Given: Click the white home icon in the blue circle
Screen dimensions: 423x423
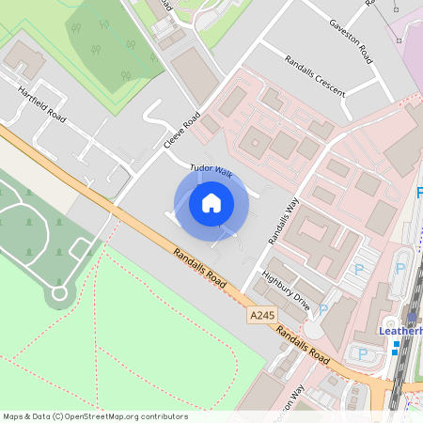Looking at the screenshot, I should pyautogui.click(x=211, y=202).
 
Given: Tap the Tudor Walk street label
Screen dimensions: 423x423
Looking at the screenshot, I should pyautogui.click(x=211, y=170).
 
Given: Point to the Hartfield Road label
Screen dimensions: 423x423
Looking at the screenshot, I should pyautogui.click(x=41, y=104).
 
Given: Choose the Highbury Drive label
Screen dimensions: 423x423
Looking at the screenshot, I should pyautogui.click(x=286, y=288).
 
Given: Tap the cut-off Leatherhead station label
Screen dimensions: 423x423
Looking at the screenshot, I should pyautogui.click(x=400, y=331).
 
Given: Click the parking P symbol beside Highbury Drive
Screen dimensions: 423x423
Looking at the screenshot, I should pyautogui.click(x=323, y=307).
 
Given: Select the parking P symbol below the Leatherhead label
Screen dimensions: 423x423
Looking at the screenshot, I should pyautogui.click(x=363, y=353).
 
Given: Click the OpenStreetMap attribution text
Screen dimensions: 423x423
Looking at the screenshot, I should pyautogui.click(x=95, y=415).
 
